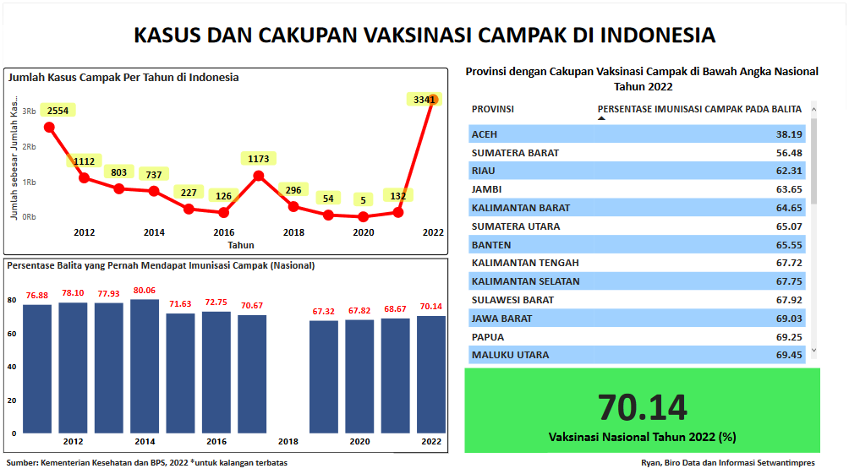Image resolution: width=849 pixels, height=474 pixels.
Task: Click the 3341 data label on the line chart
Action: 423,100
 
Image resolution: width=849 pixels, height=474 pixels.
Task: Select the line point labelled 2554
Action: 49,128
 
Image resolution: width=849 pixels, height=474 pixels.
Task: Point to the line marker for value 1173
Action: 259,176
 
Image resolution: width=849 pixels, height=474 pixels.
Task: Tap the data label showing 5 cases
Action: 363,199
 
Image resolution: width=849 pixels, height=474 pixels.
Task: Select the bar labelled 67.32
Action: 324,376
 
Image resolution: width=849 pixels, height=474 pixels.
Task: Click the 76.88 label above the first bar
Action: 37,295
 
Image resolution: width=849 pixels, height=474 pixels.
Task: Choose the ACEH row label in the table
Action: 485,134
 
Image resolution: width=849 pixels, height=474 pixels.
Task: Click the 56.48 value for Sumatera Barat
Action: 789,153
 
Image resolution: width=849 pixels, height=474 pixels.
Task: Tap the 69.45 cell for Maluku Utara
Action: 789,355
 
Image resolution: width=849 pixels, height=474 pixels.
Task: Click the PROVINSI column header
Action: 493,109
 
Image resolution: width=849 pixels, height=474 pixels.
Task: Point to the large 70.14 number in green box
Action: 643,407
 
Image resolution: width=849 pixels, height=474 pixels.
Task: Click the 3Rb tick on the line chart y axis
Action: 28,112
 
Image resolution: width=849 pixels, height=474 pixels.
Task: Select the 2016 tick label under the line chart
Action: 223,232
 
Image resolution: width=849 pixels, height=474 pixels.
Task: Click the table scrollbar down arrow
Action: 813,350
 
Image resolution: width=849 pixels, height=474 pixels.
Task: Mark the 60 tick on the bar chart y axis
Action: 12,334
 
